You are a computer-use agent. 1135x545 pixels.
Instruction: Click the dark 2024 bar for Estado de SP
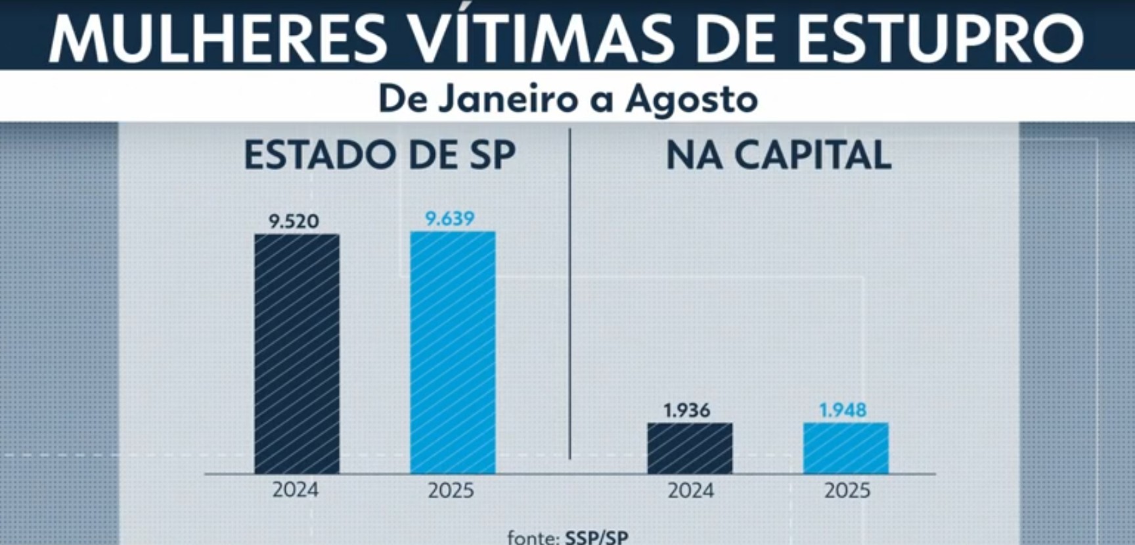tap(297, 354)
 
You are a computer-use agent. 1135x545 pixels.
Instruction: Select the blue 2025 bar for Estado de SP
tap(453, 352)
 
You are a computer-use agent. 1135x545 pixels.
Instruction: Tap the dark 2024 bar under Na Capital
tap(690, 448)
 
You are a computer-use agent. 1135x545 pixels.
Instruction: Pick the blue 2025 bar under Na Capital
tap(845, 448)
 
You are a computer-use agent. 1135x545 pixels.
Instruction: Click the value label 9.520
tap(294, 221)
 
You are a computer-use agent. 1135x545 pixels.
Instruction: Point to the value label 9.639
tap(450, 218)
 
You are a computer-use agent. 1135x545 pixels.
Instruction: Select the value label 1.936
tap(686, 410)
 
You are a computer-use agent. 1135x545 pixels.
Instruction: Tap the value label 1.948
tap(843, 410)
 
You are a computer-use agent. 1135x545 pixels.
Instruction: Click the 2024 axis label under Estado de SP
tap(296, 490)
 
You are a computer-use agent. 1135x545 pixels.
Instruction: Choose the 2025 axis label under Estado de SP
tap(451, 490)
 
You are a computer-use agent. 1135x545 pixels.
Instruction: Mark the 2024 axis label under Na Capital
tap(690, 490)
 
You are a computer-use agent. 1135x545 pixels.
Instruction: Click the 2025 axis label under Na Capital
tap(847, 490)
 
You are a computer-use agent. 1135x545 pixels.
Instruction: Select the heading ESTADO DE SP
tap(380, 155)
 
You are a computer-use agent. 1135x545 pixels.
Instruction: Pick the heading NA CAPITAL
tap(778, 155)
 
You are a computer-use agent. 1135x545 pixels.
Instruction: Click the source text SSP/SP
tap(596, 537)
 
